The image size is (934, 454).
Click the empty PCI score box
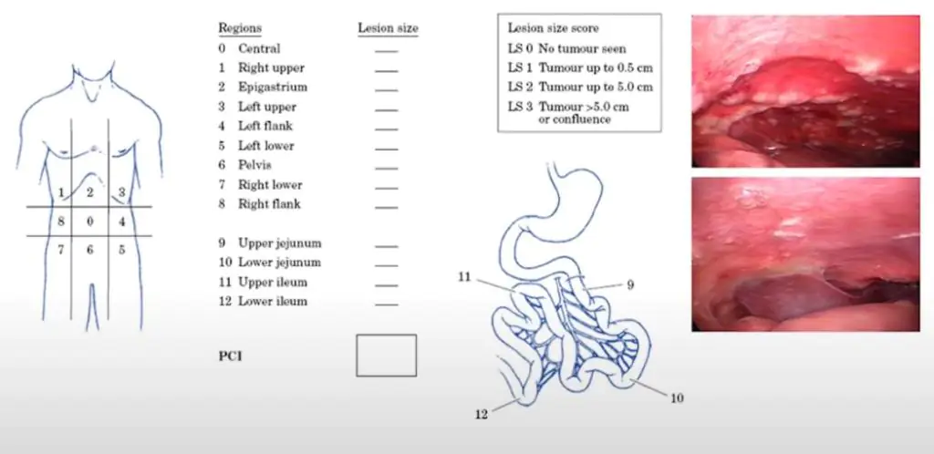(386, 356)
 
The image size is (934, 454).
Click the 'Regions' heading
(239, 28)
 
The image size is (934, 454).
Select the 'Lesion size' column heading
(388, 28)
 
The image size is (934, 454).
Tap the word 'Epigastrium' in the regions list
(273, 88)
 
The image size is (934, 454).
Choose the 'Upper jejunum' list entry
(279, 243)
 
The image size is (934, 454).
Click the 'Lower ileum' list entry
(273, 301)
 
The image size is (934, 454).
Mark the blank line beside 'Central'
(386, 51)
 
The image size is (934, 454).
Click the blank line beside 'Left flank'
(386, 129)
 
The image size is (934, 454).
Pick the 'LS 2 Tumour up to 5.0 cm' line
(580, 87)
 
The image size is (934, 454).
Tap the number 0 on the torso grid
(89, 222)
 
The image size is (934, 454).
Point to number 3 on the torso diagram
(121, 192)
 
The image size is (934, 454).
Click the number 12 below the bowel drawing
(481, 414)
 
